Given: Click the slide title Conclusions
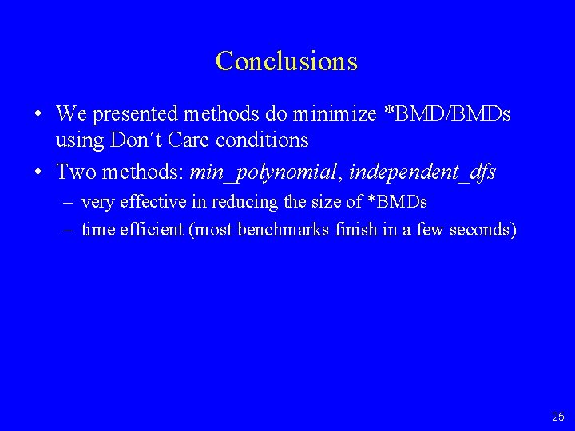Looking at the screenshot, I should tap(287, 61).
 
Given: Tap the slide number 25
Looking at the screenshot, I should tap(557, 417).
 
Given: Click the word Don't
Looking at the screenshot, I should tap(130, 141).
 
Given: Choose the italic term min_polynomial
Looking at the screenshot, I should tap(265, 172).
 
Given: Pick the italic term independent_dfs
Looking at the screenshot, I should tap(422, 172).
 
